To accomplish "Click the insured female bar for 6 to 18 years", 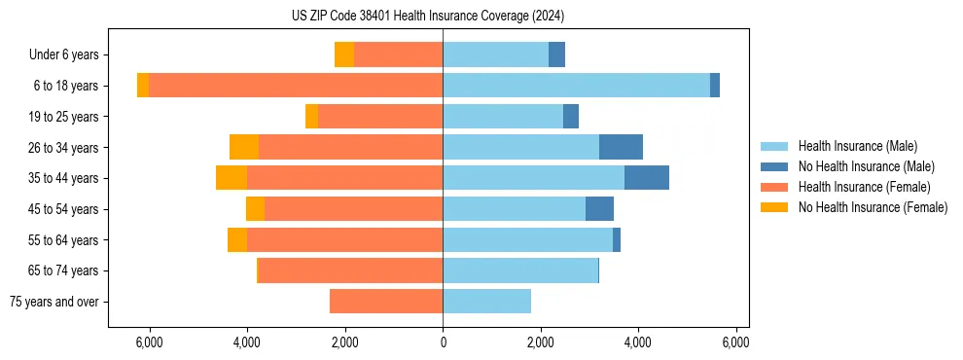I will click(296, 86).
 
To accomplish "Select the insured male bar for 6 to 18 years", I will click(576, 86).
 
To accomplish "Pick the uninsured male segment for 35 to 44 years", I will click(646, 178).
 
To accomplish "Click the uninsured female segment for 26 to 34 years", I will click(244, 147).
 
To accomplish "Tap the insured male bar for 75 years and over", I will click(486, 302).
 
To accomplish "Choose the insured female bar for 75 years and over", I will click(386, 302).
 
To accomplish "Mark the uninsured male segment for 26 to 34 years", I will click(621, 147).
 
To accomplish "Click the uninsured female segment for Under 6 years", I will click(344, 55).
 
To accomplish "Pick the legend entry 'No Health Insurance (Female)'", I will click(873, 207).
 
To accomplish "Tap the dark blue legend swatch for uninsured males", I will click(774, 166).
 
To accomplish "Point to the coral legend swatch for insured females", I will click(774, 187).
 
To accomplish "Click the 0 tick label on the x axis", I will click(443, 342).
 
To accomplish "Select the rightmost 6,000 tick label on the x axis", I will click(736, 342).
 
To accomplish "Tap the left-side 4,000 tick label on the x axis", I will click(247, 342).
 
